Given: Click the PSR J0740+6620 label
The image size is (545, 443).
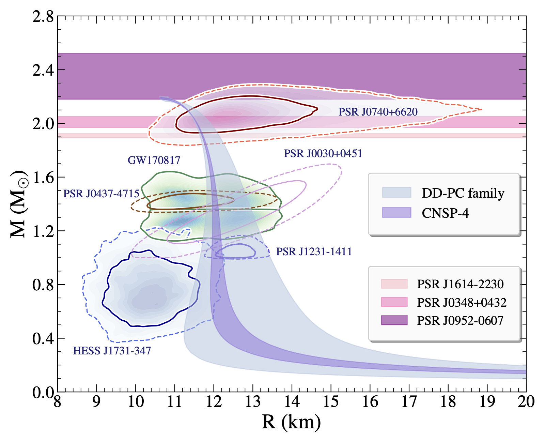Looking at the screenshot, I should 378,112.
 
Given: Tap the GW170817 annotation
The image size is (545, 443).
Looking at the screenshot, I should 154,160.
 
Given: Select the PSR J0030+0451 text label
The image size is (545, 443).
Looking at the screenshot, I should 323,153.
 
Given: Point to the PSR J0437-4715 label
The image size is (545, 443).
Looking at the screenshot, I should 101,194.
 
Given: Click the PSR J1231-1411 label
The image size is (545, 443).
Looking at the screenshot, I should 314,251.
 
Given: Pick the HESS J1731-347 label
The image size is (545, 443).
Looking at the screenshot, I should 112,351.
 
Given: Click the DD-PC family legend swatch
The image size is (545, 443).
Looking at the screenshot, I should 396,193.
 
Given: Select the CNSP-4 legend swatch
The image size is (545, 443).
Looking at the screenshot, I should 396,213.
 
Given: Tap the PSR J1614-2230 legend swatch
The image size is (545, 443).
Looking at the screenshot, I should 394,284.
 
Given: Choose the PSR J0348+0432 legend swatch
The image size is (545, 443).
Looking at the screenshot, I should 394,302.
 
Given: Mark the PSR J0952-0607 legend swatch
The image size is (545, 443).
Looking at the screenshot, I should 394,320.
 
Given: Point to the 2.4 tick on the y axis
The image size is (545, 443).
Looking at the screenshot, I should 43,70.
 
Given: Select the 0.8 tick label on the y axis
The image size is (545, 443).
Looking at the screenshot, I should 43,285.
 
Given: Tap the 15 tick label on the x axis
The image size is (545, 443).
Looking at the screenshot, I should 331,402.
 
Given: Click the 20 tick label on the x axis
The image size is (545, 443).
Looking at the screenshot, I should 526,402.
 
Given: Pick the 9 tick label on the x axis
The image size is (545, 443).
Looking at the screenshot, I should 96,402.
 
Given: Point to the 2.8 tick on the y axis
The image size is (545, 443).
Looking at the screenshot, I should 43,16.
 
